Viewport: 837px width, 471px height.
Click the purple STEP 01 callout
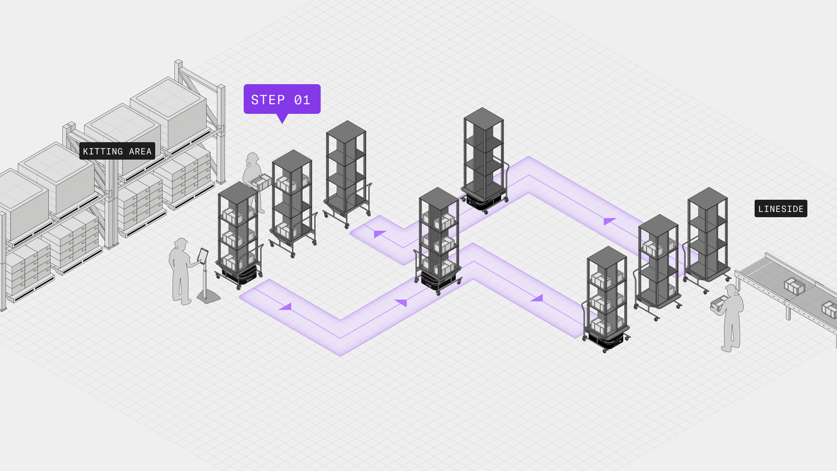click(282, 99)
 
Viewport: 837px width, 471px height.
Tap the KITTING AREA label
click(117, 151)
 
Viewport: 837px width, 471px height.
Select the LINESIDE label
click(781, 209)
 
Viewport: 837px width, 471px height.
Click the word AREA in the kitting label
click(140, 151)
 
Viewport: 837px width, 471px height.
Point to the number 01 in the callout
click(302, 99)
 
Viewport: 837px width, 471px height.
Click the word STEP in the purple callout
click(268, 99)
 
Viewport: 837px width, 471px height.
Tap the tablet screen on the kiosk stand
click(202, 255)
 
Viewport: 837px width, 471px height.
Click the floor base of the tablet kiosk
click(208, 298)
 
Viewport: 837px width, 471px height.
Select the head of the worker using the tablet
click(181, 244)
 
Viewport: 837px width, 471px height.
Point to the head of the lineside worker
click(731, 289)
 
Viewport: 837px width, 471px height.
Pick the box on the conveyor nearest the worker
click(794, 286)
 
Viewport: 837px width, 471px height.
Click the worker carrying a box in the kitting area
click(253, 181)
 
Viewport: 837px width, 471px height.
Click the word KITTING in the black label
click(103, 151)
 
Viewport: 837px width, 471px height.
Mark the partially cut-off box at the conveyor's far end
click(830, 309)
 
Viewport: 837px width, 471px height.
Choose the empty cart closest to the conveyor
click(708, 235)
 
